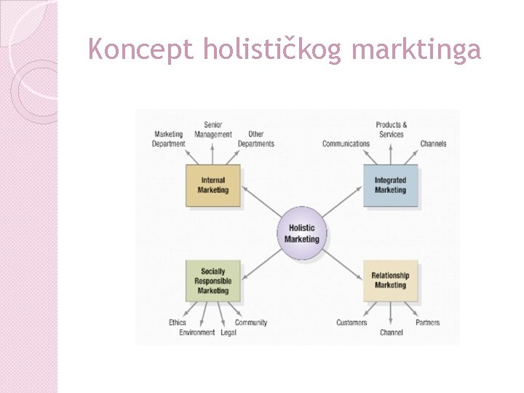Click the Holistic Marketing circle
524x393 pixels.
[x=301, y=234]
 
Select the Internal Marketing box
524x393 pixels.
[x=213, y=186]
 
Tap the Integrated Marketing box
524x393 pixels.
[x=390, y=186]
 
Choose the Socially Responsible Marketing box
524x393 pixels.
[x=213, y=281]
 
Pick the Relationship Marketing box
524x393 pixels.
[x=390, y=280]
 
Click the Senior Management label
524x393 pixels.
[x=213, y=130]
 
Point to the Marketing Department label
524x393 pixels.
[x=169, y=139]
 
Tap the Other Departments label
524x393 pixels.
[x=255, y=139]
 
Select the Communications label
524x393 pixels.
[x=346, y=143]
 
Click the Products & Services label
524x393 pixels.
[x=392, y=130]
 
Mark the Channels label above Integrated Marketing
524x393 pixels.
[x=433, y=143]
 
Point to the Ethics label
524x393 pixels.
[x=178, y=322]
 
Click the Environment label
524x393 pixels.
[x=197, y=333]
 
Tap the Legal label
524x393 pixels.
[x=228, y=333]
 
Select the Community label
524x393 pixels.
[x=251, y=322]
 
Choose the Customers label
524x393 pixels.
[x=352, y=322]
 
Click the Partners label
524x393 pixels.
[x=428, y=322]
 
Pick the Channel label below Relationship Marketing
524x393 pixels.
[x=392, y=333]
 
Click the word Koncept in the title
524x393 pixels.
[x=141, y=49]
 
